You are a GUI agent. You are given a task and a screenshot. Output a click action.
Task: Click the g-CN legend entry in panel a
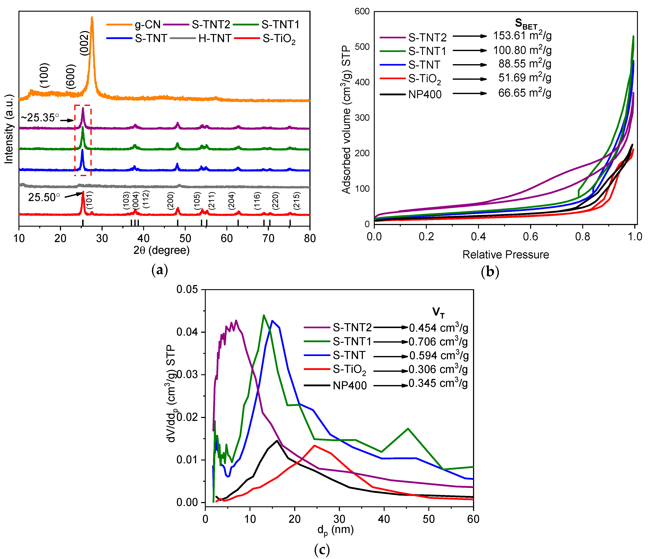pyautogui.click(x=147, y=24)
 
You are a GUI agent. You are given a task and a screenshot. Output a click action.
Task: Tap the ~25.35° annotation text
pyautogui.click(x=40, y=118)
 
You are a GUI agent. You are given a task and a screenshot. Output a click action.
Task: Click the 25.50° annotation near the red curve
pyautogui.click(x=44, y=197)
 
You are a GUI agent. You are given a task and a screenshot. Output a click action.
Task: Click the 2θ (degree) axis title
pyautogui.click(x=162, y=250)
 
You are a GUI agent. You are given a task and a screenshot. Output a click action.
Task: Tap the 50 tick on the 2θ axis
pyautogui.click(x=185, y=239)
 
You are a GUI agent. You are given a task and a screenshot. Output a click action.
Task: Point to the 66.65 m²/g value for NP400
pyautogui.click(x=525, y=93)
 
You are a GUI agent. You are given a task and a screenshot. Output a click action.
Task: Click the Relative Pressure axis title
pyautogui.click(x=505, y=255)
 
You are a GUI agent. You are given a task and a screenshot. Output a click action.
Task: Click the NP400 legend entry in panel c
pyautogui.click(x=350, y=386)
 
